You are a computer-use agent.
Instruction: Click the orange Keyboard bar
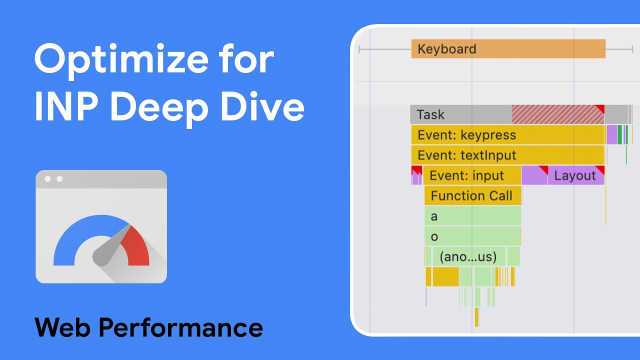[508, 49]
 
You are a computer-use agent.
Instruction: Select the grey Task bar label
[430, 114]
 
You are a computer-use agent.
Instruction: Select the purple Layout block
[575, 176]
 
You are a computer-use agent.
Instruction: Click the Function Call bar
[472, 195]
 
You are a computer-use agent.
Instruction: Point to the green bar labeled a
[472, 216]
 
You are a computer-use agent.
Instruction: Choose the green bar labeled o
[472, 236]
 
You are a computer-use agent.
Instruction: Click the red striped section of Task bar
[557, 114]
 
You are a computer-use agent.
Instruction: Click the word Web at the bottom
[62, 327]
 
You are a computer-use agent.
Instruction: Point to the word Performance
[180, 327]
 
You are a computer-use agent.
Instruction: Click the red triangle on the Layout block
[600, 169]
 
